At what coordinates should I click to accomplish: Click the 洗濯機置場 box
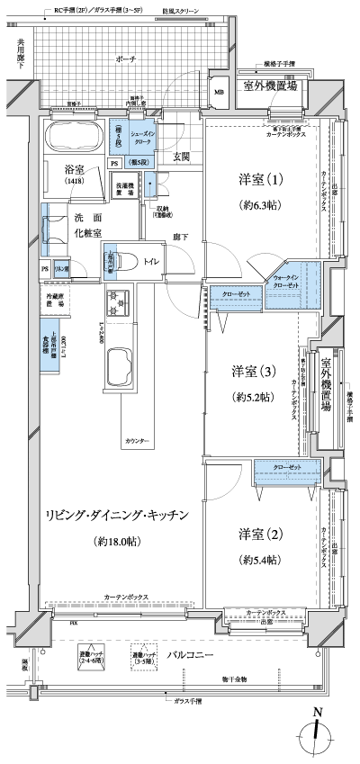pos(124,189)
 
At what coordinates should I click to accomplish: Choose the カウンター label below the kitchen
pos(137,442)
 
